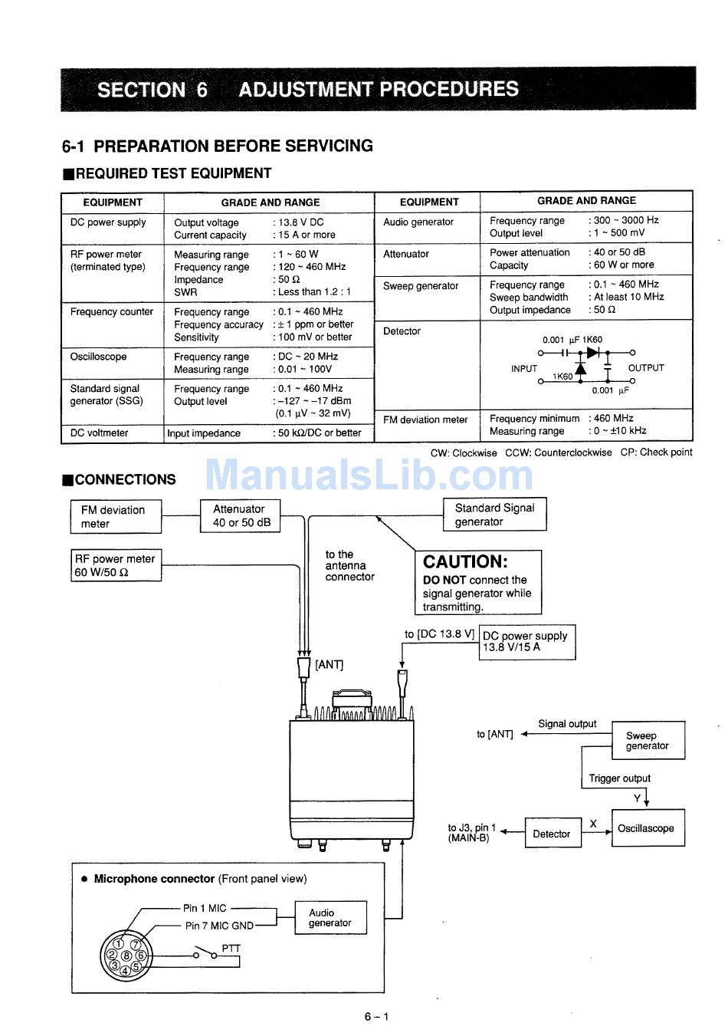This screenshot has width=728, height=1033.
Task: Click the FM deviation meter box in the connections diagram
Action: [116, 516]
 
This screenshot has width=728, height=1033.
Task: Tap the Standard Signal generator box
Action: [494, 515]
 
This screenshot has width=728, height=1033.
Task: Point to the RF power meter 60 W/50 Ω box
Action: [116, 565]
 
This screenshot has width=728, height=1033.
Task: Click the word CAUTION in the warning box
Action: [465, 561]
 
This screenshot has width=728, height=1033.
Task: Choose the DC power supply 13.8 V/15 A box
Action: [526, 641]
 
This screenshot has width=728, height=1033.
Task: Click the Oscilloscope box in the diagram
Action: [647, 828]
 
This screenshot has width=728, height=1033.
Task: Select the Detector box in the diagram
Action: [552, 834]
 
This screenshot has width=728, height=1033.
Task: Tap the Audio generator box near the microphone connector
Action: [330, 917]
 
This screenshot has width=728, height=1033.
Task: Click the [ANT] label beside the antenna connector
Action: [330, 664]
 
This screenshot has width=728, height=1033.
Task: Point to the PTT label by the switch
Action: [231, 948]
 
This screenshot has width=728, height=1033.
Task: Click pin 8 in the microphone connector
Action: [126, 956]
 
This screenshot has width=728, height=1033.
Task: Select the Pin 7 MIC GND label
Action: [218, 926]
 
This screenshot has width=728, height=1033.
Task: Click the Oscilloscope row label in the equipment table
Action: [99, 357]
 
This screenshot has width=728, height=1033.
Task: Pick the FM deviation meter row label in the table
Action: [425, 419]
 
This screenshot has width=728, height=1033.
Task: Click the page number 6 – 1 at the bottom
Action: [377, 1017]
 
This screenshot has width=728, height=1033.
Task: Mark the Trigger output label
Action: [619, 778]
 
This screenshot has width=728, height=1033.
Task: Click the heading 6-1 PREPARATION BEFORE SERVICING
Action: [218, 146]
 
